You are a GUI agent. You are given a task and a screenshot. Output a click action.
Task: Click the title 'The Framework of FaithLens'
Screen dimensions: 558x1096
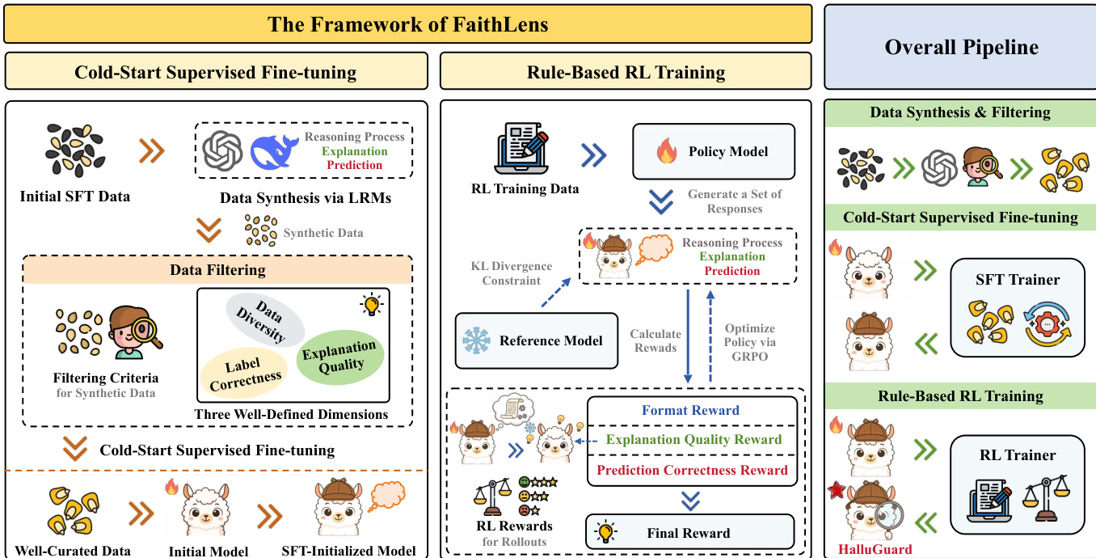click(x=407, y=24)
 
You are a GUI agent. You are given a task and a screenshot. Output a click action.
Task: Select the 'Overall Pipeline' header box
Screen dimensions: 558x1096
click(x=960, y=47)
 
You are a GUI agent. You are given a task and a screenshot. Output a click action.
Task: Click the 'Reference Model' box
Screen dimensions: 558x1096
click(x=537, y=340)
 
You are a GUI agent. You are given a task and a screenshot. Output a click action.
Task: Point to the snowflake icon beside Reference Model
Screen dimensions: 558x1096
click(x=476, y=340)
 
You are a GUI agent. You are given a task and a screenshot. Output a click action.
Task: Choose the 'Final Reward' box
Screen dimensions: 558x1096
click(x=689, y=533)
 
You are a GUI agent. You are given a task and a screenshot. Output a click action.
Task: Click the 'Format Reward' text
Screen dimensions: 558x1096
click(x=690, y=410)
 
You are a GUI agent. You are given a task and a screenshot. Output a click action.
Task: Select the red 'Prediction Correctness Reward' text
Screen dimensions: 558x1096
click(x=692, y=470)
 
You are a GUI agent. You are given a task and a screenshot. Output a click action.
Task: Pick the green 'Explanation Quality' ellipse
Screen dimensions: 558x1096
click(x=339, y=355)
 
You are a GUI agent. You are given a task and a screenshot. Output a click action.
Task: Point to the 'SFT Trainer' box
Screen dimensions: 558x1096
click(x=1017, y=307)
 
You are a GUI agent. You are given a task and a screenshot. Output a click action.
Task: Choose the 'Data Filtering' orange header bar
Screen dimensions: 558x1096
click(x=217, y=269)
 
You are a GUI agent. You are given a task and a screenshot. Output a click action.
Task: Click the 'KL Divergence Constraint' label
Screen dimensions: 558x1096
click(x=512, y=273)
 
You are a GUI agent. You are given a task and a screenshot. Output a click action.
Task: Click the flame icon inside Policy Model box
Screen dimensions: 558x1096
click(x=666, y=151)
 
